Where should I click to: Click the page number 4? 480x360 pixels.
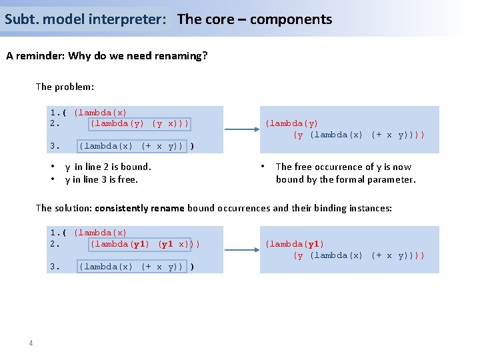click(31, 343)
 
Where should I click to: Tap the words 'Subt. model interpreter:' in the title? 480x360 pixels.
click(85, 19)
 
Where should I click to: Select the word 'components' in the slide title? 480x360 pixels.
click(291, 19)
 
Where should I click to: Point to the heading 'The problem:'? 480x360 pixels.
click(65, 87)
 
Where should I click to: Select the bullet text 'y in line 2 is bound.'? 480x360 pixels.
click(108, 167)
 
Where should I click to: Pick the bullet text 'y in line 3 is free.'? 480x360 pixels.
click(101, 179)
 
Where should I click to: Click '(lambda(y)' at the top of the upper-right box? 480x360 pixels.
click(291, 123)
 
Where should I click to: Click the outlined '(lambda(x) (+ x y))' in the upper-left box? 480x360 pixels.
click(131, 146)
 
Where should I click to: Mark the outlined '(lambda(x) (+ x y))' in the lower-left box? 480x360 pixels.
click(131, 267)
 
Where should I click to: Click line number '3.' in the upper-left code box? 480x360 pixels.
click(55, 146)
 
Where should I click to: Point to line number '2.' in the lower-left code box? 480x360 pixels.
click(55, 244)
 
